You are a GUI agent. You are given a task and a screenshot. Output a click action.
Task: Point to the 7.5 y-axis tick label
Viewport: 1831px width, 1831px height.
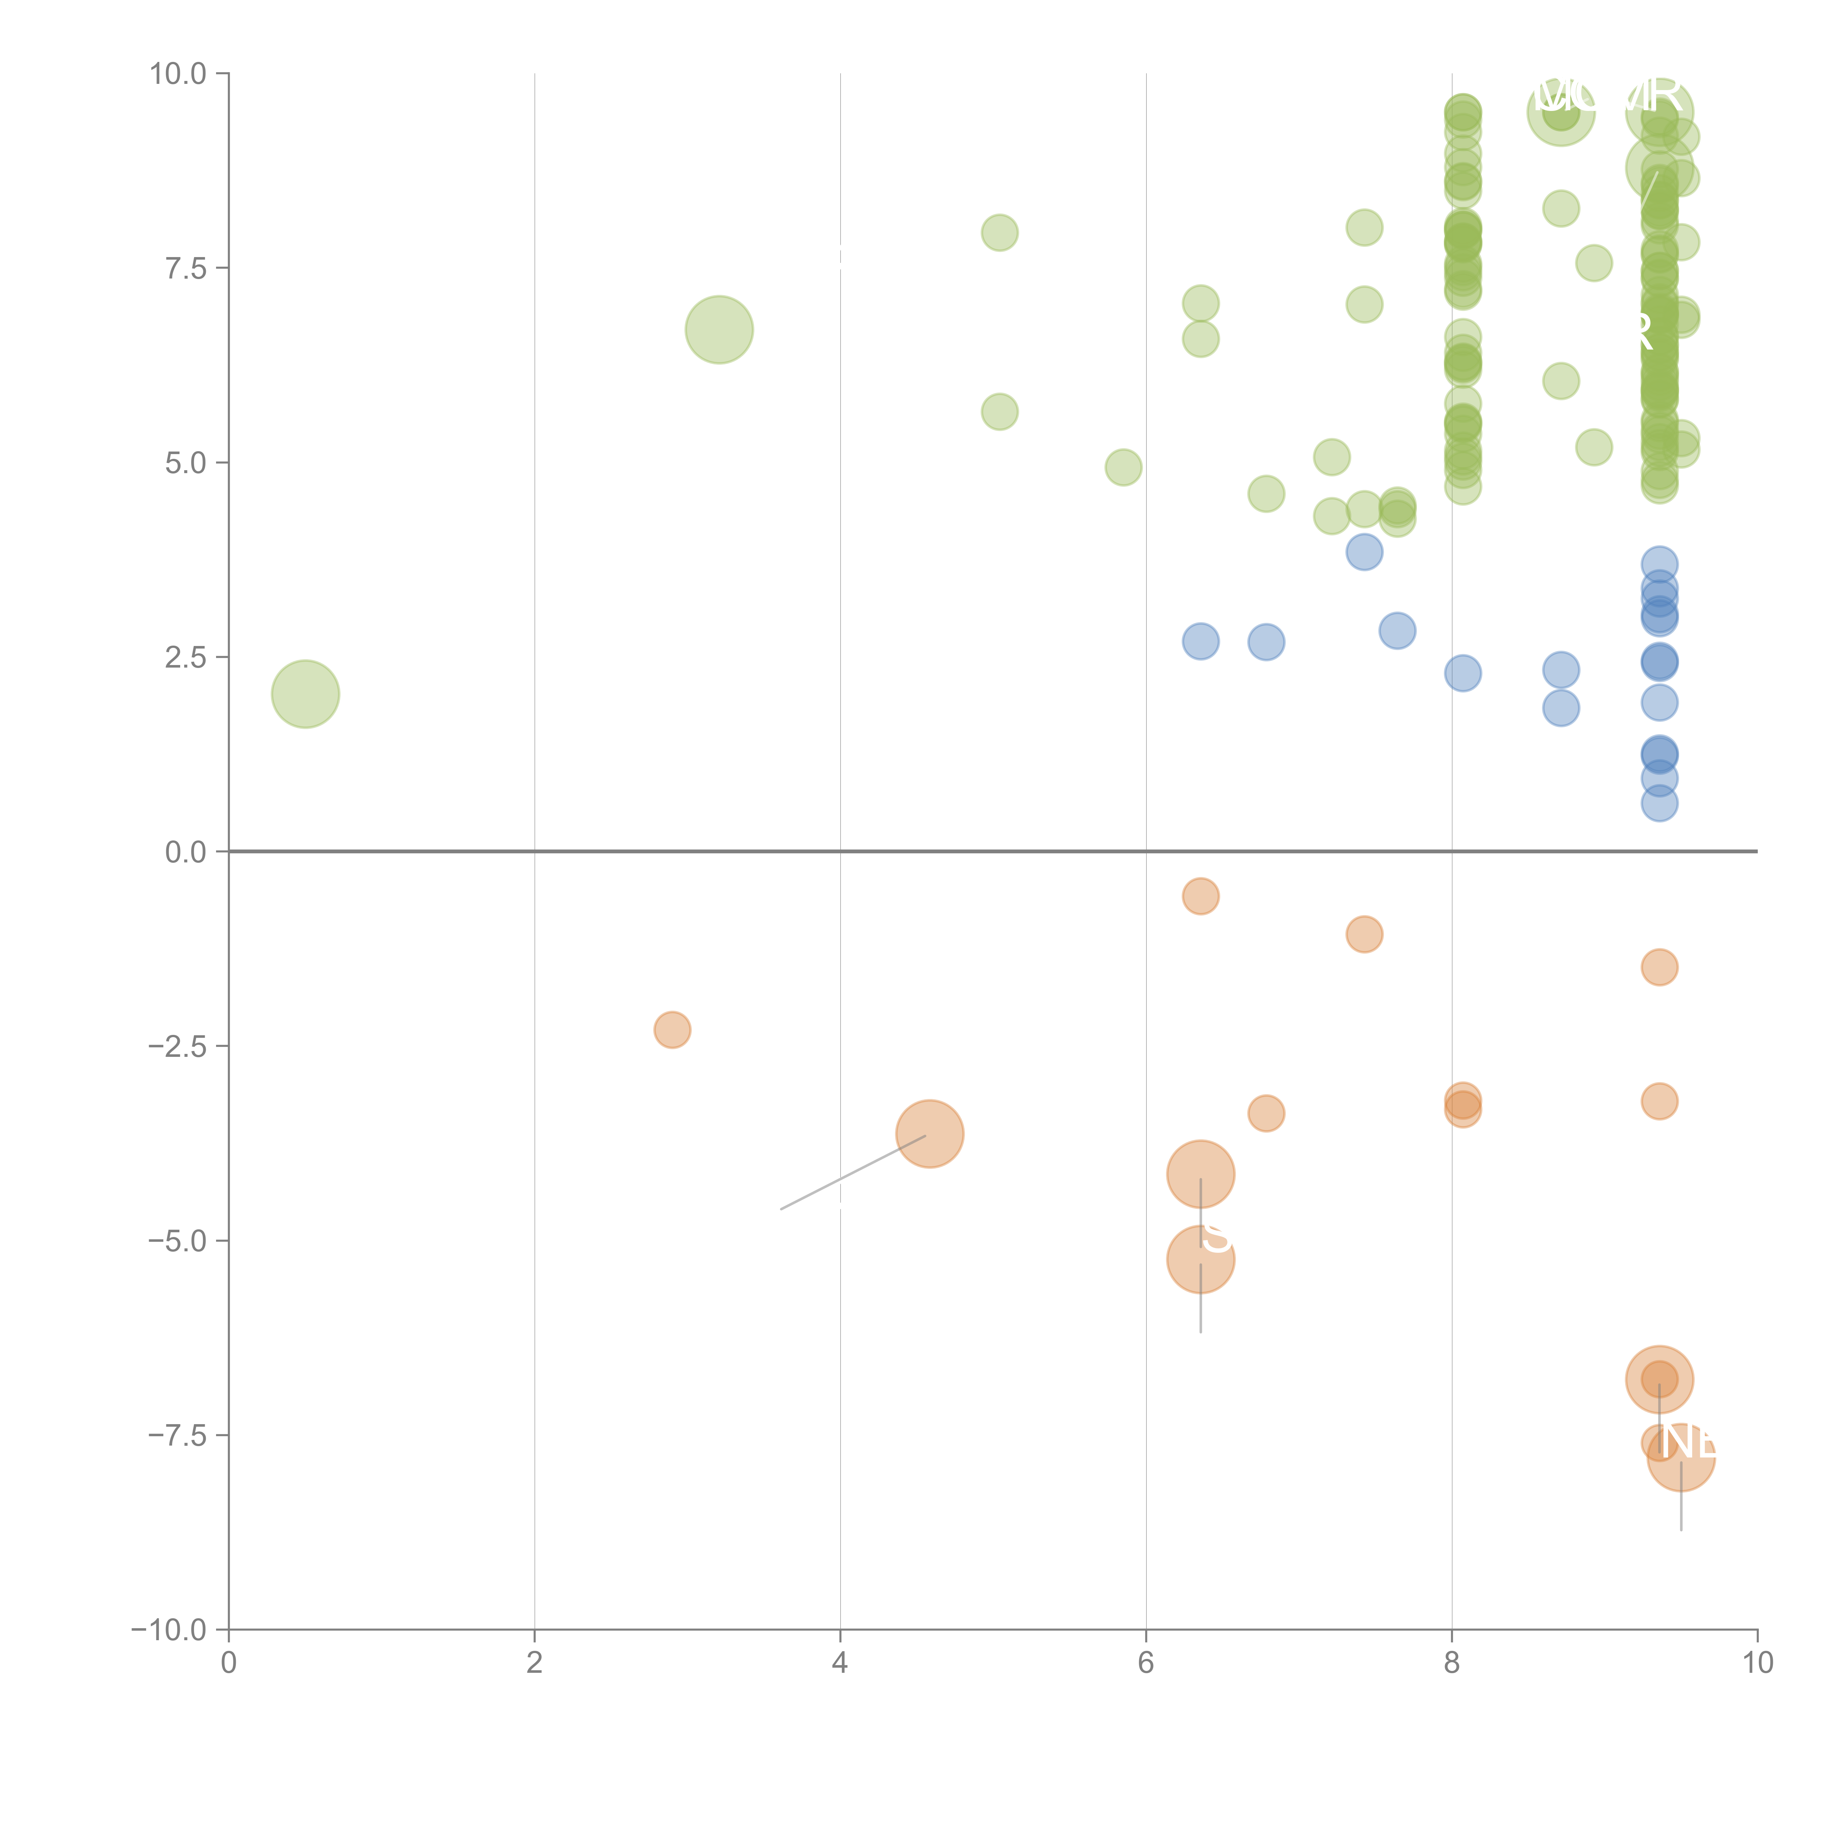(x=185, y=268)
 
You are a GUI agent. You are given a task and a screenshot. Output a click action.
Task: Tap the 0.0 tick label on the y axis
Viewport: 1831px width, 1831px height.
(x=185, y=852)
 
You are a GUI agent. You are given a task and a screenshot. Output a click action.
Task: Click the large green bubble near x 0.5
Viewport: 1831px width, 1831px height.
(x=305, y=694)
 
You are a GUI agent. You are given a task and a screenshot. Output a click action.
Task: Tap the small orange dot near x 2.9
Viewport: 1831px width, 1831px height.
(x=672, y=1029)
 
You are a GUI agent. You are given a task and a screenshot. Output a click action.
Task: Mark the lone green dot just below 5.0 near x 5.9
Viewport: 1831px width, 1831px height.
(x=1123, y=467)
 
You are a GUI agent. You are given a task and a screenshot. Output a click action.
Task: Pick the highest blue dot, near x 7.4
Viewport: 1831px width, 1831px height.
(x=1364, y=551)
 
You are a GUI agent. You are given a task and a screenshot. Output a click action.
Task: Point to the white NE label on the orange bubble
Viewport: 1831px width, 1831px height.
(x=1688, y=1442)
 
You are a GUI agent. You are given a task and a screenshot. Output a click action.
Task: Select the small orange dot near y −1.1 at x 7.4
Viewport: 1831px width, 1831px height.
(x=1364, y=935)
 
